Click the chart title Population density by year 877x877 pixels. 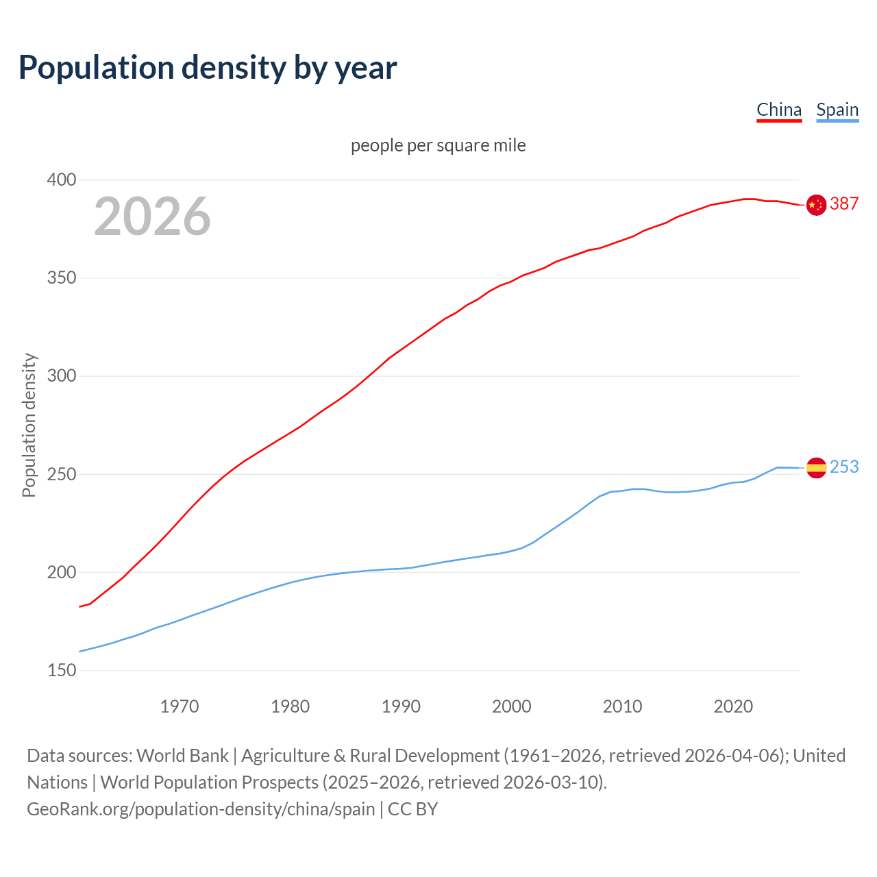(x=208, y=68)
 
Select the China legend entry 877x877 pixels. (x=779, y=110)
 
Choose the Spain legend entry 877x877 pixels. (x=837, y=110)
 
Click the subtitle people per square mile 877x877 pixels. (x=438, y=146)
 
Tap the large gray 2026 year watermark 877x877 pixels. (x=152, y=217)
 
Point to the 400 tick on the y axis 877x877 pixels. (x=61, y=180)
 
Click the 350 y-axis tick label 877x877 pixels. (x=61, y=278)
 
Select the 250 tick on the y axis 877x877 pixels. (x=61, y=474)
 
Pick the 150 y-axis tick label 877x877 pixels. (x=61, y=670)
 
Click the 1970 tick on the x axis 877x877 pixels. (x=180, y=706)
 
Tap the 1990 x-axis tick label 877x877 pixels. (x=401, y=706)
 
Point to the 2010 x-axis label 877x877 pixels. (x=622, y=706)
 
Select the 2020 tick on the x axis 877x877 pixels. (x=733, y=706)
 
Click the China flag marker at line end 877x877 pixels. (x=816, y=204)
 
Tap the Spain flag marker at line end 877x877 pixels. (x=816, y=468)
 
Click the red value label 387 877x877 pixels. (x=844, y=204)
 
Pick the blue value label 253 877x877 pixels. (x=844, y=467)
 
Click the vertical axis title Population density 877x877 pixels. (x=29, y=425)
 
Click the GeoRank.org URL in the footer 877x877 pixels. (x=201, y=809)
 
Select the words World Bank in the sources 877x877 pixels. (x=182, y=756)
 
